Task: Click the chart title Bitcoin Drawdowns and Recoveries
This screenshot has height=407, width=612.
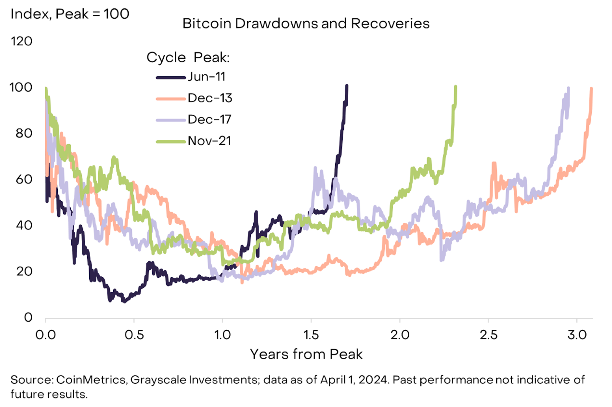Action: tap(306, 24)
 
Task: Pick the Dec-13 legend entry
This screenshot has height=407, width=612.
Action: tap(210, 98)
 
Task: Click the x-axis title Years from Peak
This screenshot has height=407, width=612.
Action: tap(306, 354)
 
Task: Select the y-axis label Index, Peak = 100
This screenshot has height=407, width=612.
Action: tap(70, 14)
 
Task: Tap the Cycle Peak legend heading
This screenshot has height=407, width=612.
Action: tap(188, 58)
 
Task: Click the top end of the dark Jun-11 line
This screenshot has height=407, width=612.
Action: tap(347, 86)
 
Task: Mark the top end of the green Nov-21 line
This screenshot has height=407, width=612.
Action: tap(456, 87)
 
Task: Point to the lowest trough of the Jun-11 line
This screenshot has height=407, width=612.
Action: tap(124, 301)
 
